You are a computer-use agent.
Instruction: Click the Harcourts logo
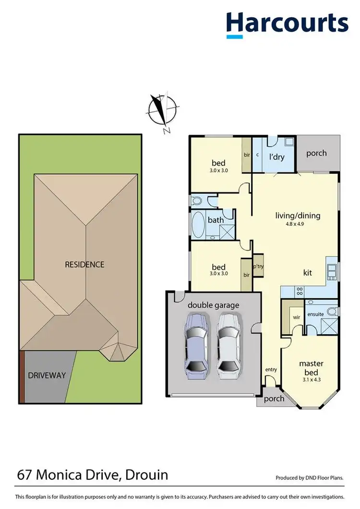287,24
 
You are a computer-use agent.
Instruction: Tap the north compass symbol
162,111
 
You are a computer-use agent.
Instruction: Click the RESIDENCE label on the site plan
84,264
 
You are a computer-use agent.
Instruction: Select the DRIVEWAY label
47,375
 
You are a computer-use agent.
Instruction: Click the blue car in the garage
197,344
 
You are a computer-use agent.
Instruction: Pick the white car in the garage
228,344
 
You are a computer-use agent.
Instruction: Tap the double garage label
213,305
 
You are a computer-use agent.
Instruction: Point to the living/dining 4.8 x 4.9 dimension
297,224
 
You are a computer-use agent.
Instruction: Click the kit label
307,272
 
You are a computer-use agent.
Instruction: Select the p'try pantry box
258,266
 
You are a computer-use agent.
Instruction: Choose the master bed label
310,368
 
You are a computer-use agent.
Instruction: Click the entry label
271,369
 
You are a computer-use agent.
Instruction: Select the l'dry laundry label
277,157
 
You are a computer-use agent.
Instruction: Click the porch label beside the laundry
316,153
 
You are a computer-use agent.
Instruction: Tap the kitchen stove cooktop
299,291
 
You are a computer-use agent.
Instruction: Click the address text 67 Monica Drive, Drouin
92,475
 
